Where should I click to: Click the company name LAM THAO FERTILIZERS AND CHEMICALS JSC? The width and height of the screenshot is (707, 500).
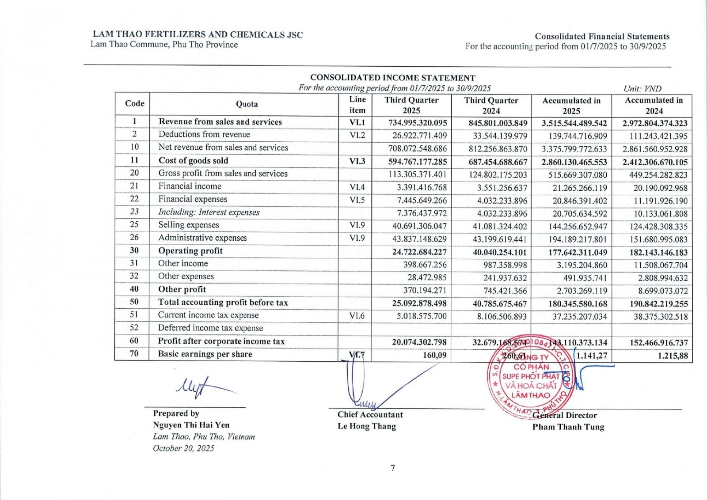pos(198,34)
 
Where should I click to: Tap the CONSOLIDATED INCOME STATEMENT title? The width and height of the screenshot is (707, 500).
pos(392,78)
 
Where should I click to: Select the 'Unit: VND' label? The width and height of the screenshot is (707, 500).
pos(642,88)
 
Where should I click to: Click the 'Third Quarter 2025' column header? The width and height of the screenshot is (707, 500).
pos(411,105)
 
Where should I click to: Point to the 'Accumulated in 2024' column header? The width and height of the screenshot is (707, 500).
pos(653,105)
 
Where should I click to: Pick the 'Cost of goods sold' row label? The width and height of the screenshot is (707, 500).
pos(193,161)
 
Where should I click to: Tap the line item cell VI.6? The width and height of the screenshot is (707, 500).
pos(357,316)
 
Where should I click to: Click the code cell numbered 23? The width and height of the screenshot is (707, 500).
pos(134,212)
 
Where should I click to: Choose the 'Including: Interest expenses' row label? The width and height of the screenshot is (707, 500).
pos(209,212)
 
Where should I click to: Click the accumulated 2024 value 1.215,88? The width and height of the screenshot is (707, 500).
pos(673,356)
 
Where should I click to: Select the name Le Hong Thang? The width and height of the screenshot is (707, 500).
pos(366,426)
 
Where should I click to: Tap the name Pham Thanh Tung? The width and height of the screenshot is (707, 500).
pos(568,427)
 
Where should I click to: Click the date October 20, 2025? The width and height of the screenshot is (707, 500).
pos(183,448)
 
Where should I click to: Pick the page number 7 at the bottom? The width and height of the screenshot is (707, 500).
pos(392,468)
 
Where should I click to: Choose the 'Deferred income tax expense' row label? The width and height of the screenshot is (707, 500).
pos(210,328)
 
